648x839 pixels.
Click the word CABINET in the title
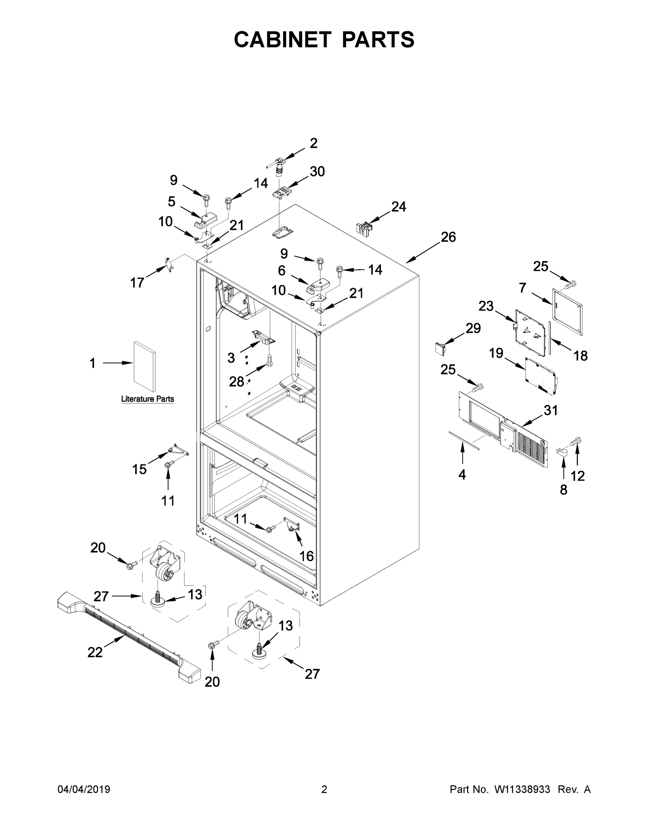(x=283, y=40)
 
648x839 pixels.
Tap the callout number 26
(x=448, y=237)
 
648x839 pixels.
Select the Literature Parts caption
(x=147, y=399)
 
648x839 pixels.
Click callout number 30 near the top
(x=317, y=171)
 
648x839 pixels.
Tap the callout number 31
(x=551, y=411)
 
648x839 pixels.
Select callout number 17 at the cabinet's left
(x=137, y=283)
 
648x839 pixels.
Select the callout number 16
(x=306, y=556)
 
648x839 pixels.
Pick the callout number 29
(x=473, y=329)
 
